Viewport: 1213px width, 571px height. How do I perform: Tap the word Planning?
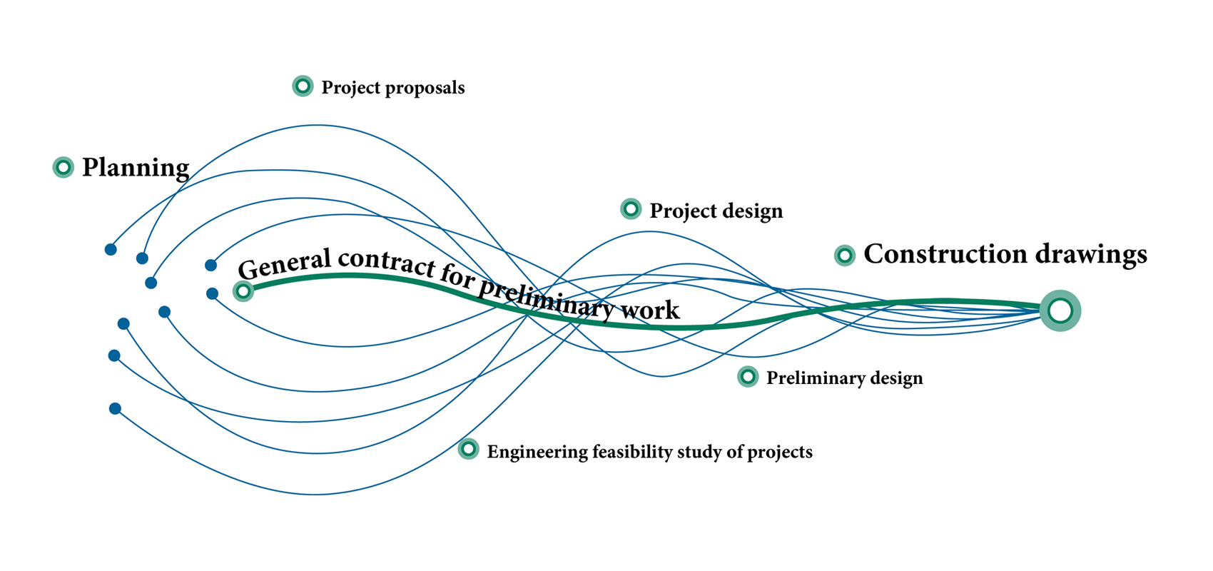click(x=136, y=168)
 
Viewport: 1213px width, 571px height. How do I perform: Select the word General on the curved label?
click(x=285, y=263)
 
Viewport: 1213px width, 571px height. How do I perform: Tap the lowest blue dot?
click(x=115, y=408)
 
